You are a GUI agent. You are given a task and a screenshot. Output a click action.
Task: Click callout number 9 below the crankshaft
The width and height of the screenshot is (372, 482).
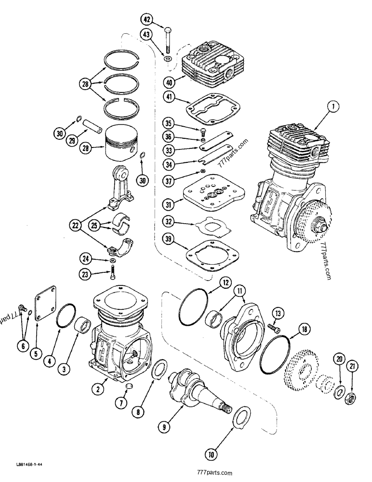[163, 427]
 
